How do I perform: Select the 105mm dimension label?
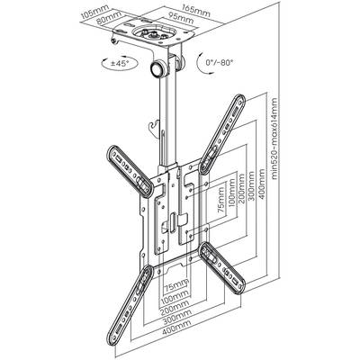click(94, 13)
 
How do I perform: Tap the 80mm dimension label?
click(111, 17)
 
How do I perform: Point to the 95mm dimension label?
click(180, 17)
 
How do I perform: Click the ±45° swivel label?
click(120, 64)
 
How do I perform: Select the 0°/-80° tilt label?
click(220, 62)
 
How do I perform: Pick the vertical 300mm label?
click(251, 185)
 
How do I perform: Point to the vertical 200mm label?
click(242, 190)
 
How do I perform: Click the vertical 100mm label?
click(231, 193)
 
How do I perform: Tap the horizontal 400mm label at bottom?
click(176, 324)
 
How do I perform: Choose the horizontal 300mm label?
click(177, 313)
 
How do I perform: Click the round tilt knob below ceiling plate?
click(157, 69)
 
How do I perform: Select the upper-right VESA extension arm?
click(222, 134)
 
